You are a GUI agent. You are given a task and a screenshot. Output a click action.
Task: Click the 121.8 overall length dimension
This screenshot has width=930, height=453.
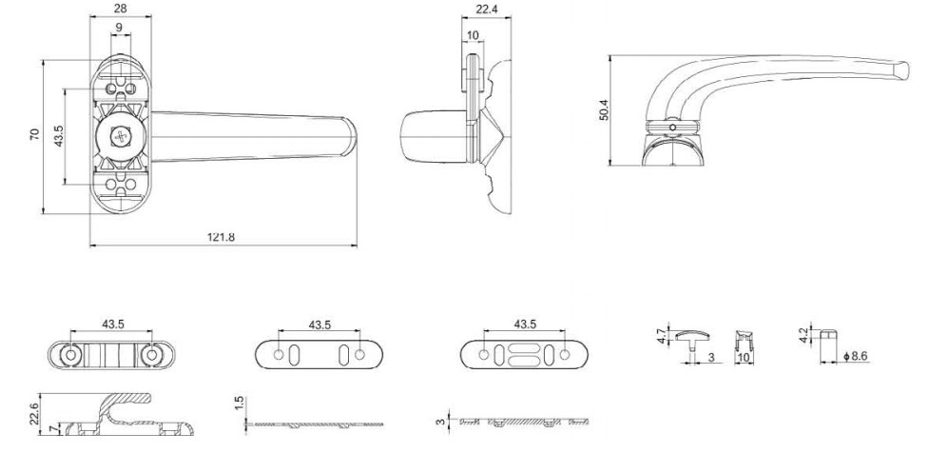(221, 237)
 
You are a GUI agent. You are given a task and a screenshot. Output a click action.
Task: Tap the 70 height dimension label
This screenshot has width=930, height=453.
(34, 134)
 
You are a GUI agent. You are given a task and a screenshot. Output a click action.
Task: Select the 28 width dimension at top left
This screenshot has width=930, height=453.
(120, 9)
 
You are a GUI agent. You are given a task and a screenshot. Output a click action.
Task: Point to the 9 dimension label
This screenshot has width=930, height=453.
(119, 28)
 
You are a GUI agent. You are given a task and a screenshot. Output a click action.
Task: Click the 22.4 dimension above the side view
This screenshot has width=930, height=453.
(486, 9)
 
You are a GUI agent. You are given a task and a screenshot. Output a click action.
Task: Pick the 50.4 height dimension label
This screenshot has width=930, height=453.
(604, 109)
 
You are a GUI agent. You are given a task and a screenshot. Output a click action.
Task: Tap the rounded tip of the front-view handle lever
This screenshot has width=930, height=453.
(351, 137)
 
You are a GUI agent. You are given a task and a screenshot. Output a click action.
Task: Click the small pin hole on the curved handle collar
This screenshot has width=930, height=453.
(672, 128)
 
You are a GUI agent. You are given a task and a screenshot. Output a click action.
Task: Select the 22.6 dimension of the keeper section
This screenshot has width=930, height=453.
(34, 414)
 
